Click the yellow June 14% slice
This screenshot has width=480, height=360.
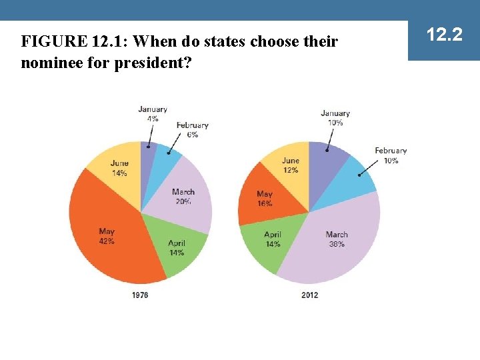click(x=119, y=168)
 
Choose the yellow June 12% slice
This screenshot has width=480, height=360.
click(x=291, y=165)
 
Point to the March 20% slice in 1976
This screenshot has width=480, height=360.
click(x=183, y=196)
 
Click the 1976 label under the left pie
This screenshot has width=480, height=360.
click(x=140, y=295)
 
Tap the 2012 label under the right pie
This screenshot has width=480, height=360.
click(x=309, y=295)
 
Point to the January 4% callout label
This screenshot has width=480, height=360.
click(x=153, y=114)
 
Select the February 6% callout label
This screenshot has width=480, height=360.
click(x=192, y=129)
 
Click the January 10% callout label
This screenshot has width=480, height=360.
click(x=335, y=118)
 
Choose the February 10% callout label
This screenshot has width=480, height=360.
click(x=391, y=155)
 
